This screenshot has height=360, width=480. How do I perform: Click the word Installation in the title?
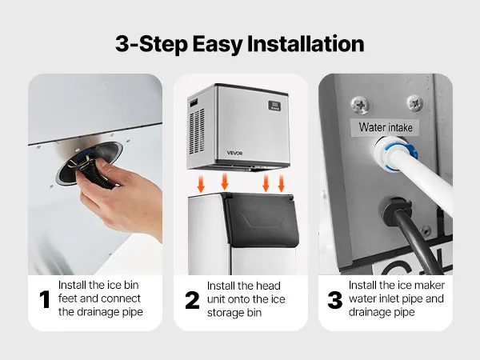306,44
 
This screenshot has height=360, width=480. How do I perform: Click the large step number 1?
45,299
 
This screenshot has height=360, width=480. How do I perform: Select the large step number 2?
192,300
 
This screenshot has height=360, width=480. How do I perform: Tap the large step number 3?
335,300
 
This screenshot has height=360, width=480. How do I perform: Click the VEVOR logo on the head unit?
234,153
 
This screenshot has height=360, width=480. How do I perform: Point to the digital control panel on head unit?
274,106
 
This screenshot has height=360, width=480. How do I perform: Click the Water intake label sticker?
385,127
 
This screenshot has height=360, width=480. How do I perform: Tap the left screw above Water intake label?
360,105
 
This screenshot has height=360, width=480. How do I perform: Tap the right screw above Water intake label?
414,103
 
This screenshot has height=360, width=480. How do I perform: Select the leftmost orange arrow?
201,184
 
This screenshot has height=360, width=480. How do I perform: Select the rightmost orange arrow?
281,183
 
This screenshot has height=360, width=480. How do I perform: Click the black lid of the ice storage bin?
261,219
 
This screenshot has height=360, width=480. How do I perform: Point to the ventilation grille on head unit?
197,132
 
